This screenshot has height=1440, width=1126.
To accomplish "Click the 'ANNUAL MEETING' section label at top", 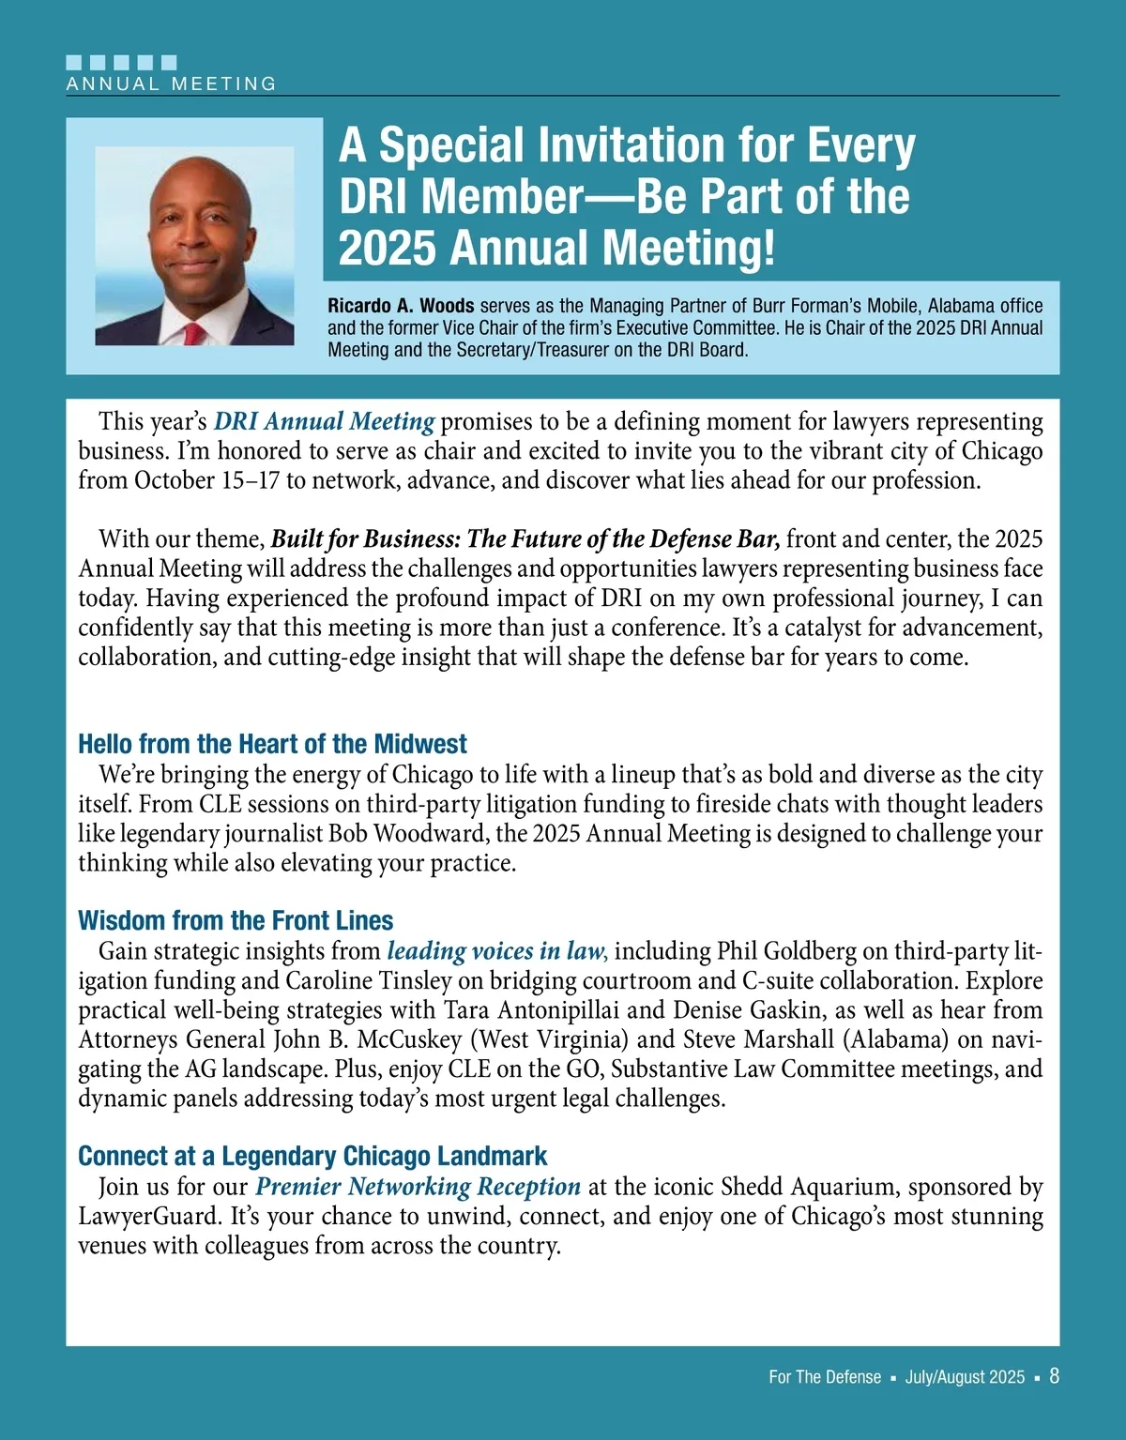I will click(x=172, y=83).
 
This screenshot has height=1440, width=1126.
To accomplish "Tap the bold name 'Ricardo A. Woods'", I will click(x=401, y=306).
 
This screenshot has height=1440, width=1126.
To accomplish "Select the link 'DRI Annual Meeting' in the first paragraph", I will click(x=325, y=422).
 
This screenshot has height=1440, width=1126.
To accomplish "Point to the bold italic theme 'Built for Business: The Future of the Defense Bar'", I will click(x=525, y=539).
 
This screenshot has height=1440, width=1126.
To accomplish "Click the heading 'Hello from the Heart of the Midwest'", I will click(x=272, y=744).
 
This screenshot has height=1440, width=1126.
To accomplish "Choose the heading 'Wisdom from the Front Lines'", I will click(x=236, y=920).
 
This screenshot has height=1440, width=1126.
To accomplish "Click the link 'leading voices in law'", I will click(x=497, y=951).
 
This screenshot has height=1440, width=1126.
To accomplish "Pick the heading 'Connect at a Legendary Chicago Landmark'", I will click(x=312, y=1156).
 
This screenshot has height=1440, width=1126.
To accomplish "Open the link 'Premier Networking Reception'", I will click(x=418, y=1187).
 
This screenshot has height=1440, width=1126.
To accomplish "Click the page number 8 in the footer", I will click(x=1054, y=1376).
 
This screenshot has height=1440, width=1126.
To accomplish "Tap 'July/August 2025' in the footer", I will click(x=965, y=1377).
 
